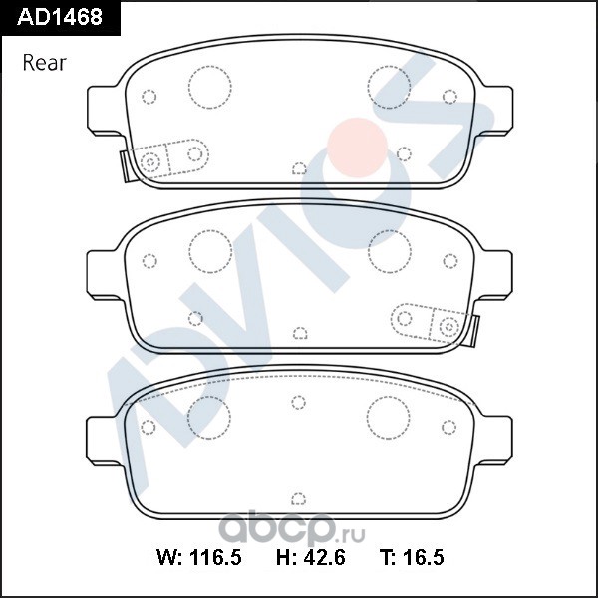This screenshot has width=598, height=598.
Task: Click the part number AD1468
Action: [x=60, y=17]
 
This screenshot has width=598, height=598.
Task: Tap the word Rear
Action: [x=45, y=63]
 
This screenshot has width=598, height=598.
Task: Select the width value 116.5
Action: [x=215, y=557]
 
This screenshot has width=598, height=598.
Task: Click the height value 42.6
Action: [x=325, y=557]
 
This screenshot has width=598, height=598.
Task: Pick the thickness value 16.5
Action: [x=424, y=557]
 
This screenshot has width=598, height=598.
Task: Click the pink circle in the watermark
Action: [x=358, y=148]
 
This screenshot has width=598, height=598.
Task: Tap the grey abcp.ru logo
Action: [x=292, y=528]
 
